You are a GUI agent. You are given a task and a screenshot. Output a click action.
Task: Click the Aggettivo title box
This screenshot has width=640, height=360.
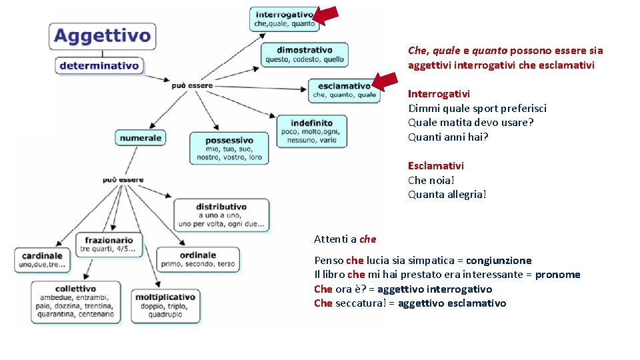coord(102,36)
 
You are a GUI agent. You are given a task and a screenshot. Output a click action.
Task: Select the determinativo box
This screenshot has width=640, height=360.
coord(99,65)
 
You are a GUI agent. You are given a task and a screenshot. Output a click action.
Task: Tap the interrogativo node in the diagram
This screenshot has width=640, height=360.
coord(284,19)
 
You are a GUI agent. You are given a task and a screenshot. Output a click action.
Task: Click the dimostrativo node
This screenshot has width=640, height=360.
coord(305,54)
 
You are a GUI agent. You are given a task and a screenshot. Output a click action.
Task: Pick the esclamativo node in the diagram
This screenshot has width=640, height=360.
coord(344,90)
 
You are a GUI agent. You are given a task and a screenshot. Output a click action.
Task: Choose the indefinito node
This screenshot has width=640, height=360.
coord(311,131)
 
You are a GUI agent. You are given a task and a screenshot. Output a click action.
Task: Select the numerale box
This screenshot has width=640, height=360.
coord(141,137)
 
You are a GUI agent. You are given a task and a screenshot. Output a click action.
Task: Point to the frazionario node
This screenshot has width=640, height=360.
coord(109,244)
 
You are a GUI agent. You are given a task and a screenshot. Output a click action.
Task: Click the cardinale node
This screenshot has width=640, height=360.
coord(42,259)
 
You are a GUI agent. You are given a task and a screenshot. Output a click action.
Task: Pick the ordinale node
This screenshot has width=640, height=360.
coord(197,259)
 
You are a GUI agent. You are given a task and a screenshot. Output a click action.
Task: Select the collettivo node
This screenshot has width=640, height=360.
coord(76,301)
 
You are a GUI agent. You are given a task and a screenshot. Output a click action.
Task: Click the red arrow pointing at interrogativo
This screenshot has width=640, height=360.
coord(326,16)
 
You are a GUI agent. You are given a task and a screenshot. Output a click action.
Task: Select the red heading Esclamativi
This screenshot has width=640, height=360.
coord(436,165)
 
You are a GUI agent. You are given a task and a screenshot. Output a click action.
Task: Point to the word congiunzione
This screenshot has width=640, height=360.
coord(499,261)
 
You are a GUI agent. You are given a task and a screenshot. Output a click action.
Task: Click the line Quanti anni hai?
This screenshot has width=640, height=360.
coord(448,137)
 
